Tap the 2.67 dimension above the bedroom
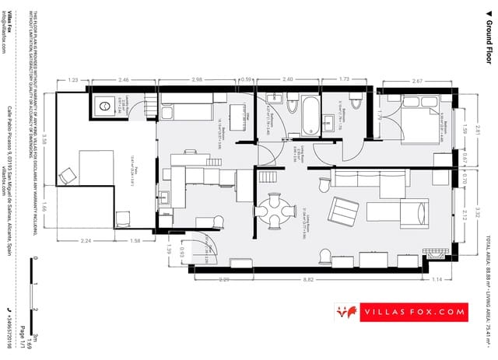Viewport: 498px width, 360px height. coord(416,81)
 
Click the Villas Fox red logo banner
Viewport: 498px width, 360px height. coord(412,313)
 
